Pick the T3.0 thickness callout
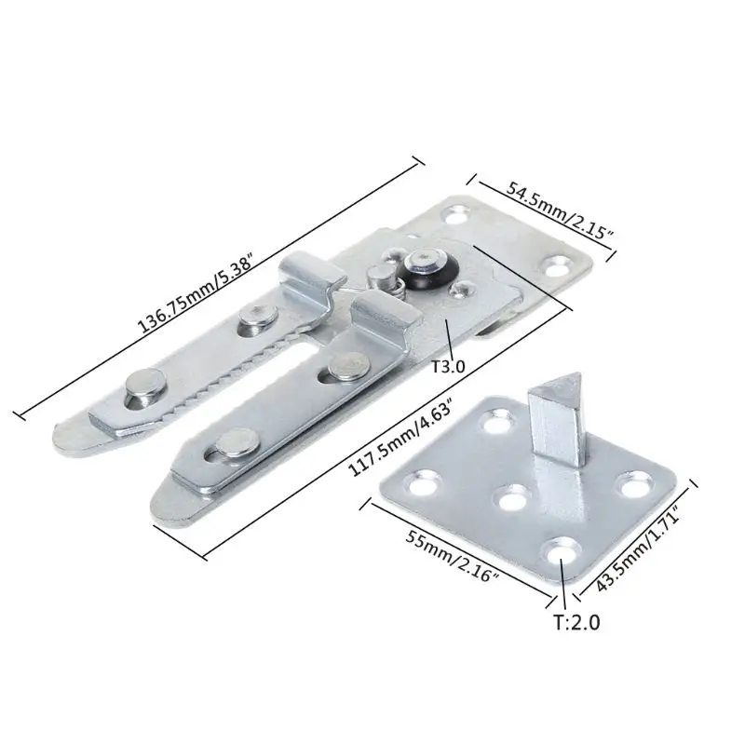pyautogui.click(x=449, y=366)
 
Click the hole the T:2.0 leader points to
pyautogui.click(x=562, y=552)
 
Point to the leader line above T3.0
pyautogui.click(x=448, y=336)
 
